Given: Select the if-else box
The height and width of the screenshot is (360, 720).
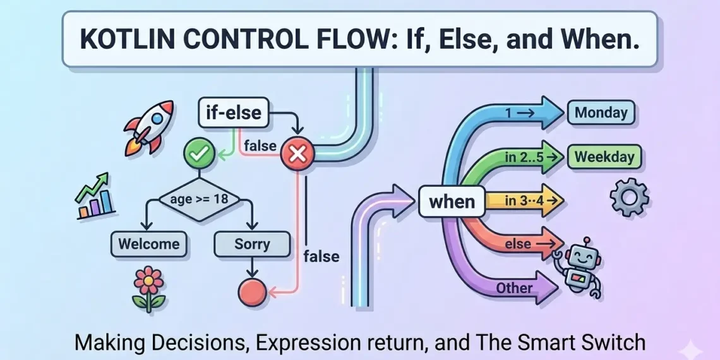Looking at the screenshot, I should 233,114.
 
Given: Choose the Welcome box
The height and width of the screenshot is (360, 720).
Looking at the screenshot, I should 149,244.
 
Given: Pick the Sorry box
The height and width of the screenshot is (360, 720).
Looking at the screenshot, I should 252,244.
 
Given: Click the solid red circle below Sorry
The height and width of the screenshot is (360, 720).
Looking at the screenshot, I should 252,292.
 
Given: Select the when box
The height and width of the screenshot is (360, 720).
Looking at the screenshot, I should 452,201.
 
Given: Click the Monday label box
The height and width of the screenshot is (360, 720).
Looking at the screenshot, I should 601,114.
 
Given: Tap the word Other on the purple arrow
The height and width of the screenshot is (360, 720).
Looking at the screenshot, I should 514,288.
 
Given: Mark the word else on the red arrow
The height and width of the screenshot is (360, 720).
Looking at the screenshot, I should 518,244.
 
